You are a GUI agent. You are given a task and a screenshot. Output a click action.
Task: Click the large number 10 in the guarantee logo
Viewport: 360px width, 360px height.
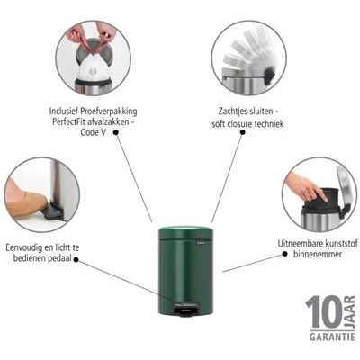tap(322, 313)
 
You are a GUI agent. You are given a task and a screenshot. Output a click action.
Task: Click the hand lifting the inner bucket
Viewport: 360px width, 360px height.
tap(301, 187)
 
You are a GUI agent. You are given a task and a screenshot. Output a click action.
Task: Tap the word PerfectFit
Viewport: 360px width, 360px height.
tap(76, 124)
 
